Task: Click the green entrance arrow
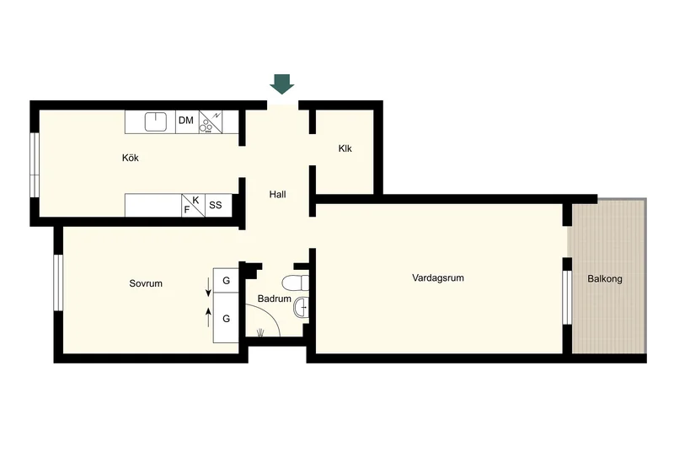(281, 83)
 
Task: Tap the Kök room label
(130, 157)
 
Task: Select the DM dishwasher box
(186, 121)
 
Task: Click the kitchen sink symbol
(154, 121)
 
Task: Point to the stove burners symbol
(206, 127)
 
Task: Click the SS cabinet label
(216, 204)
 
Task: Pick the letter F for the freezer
(187, 209)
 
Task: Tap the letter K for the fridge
(196, 200)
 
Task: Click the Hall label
(277, 195)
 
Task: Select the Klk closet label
(345, 149)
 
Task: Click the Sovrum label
(146, 283)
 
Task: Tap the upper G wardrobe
(227, 281)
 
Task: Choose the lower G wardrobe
(227, 319)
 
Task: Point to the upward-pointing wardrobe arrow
(209, 316)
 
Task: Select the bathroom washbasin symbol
(302, 309)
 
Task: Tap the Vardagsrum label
(438, 277)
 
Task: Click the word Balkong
(605, 278)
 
